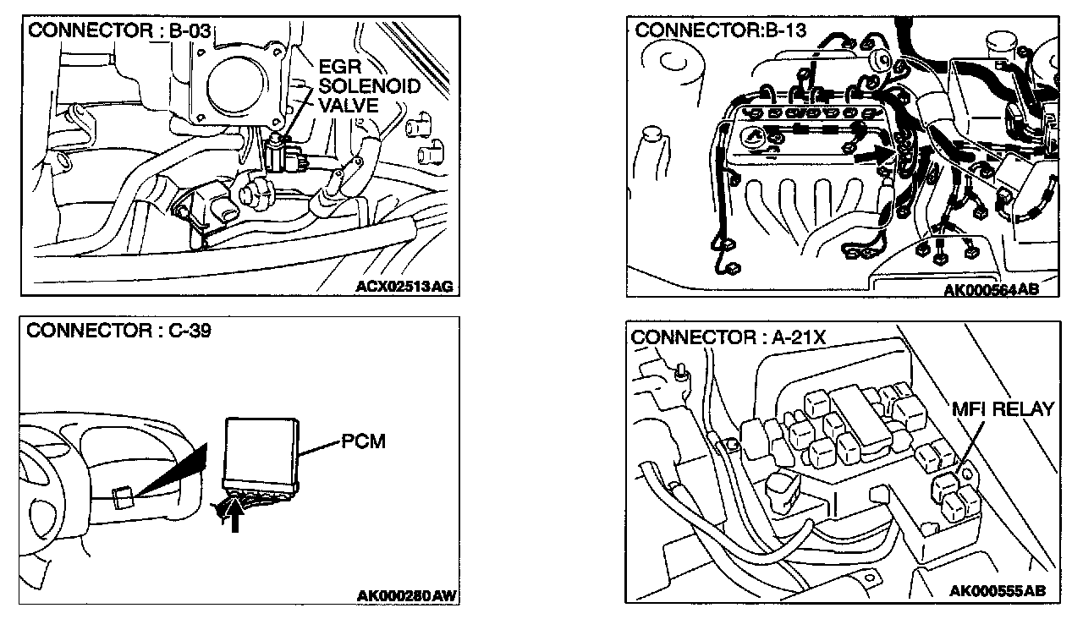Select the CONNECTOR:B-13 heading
tap(720, 31)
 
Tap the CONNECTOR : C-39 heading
tap(119, 330)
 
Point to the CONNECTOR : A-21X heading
tap(728, 337)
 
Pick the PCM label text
tap(364, 442)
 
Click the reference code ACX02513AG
tap(404, 287)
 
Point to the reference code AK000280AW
tap(407, 595)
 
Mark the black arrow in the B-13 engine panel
tap(871, 155)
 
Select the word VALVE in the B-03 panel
tap(348, 106)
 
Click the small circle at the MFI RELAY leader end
tap(966, 466)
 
